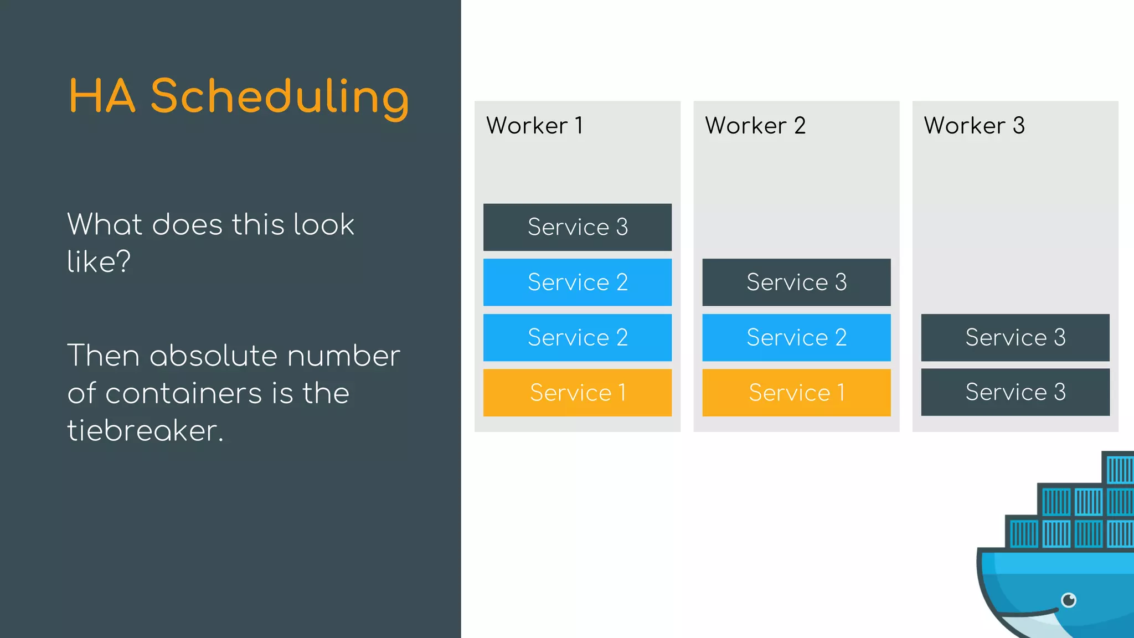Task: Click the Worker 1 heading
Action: click(534, 126)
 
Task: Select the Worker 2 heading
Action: click(755, 126)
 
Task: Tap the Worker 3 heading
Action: click(974, 126)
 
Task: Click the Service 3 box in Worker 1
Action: click(578, 227)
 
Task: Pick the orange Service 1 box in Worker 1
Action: click(578, 393)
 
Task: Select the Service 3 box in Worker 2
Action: click(796, 282)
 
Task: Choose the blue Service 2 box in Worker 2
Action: click(796, 337)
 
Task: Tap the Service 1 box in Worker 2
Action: click(796, 393)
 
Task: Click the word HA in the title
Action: click(102, 96)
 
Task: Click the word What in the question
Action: click(106, 224)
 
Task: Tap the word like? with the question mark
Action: click(99, 261)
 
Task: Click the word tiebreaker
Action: click(145, 430)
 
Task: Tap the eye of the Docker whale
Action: click(1069, 600)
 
